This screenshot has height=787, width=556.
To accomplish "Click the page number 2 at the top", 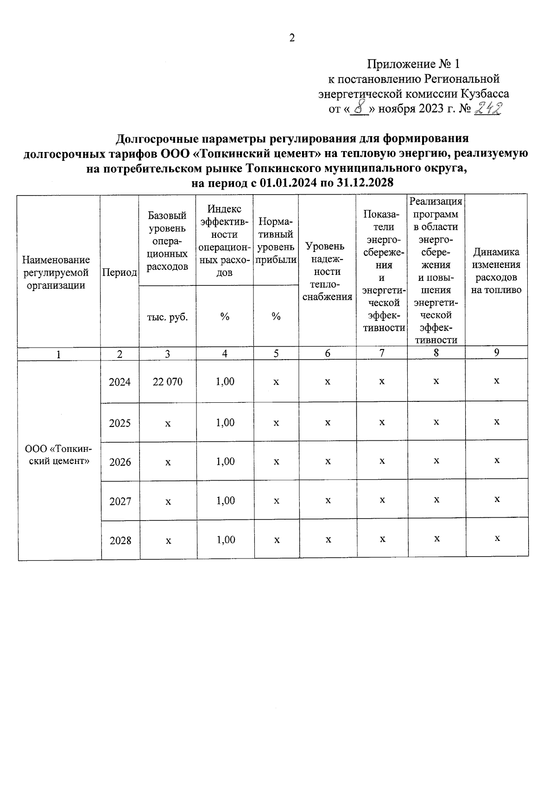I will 292,38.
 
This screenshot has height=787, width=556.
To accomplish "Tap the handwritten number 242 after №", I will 488,108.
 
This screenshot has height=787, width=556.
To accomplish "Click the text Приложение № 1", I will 413,63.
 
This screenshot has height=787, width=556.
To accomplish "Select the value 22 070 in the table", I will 167,382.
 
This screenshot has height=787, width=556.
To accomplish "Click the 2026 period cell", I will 120,462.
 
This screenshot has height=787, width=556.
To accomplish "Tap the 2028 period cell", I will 120,540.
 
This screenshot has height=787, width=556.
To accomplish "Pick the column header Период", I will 120,273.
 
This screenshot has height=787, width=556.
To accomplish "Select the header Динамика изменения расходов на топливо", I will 496,271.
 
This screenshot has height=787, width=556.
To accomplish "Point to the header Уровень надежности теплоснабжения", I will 327,272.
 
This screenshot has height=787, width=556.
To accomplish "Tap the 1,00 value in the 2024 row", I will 225,381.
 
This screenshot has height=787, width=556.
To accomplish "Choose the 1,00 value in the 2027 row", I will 226,501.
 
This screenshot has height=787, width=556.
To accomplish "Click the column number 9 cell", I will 496,352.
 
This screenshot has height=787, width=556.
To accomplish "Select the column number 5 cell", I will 276,353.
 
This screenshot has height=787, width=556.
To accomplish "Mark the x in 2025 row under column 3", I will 168,424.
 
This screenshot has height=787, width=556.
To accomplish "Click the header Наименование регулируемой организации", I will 56,273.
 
